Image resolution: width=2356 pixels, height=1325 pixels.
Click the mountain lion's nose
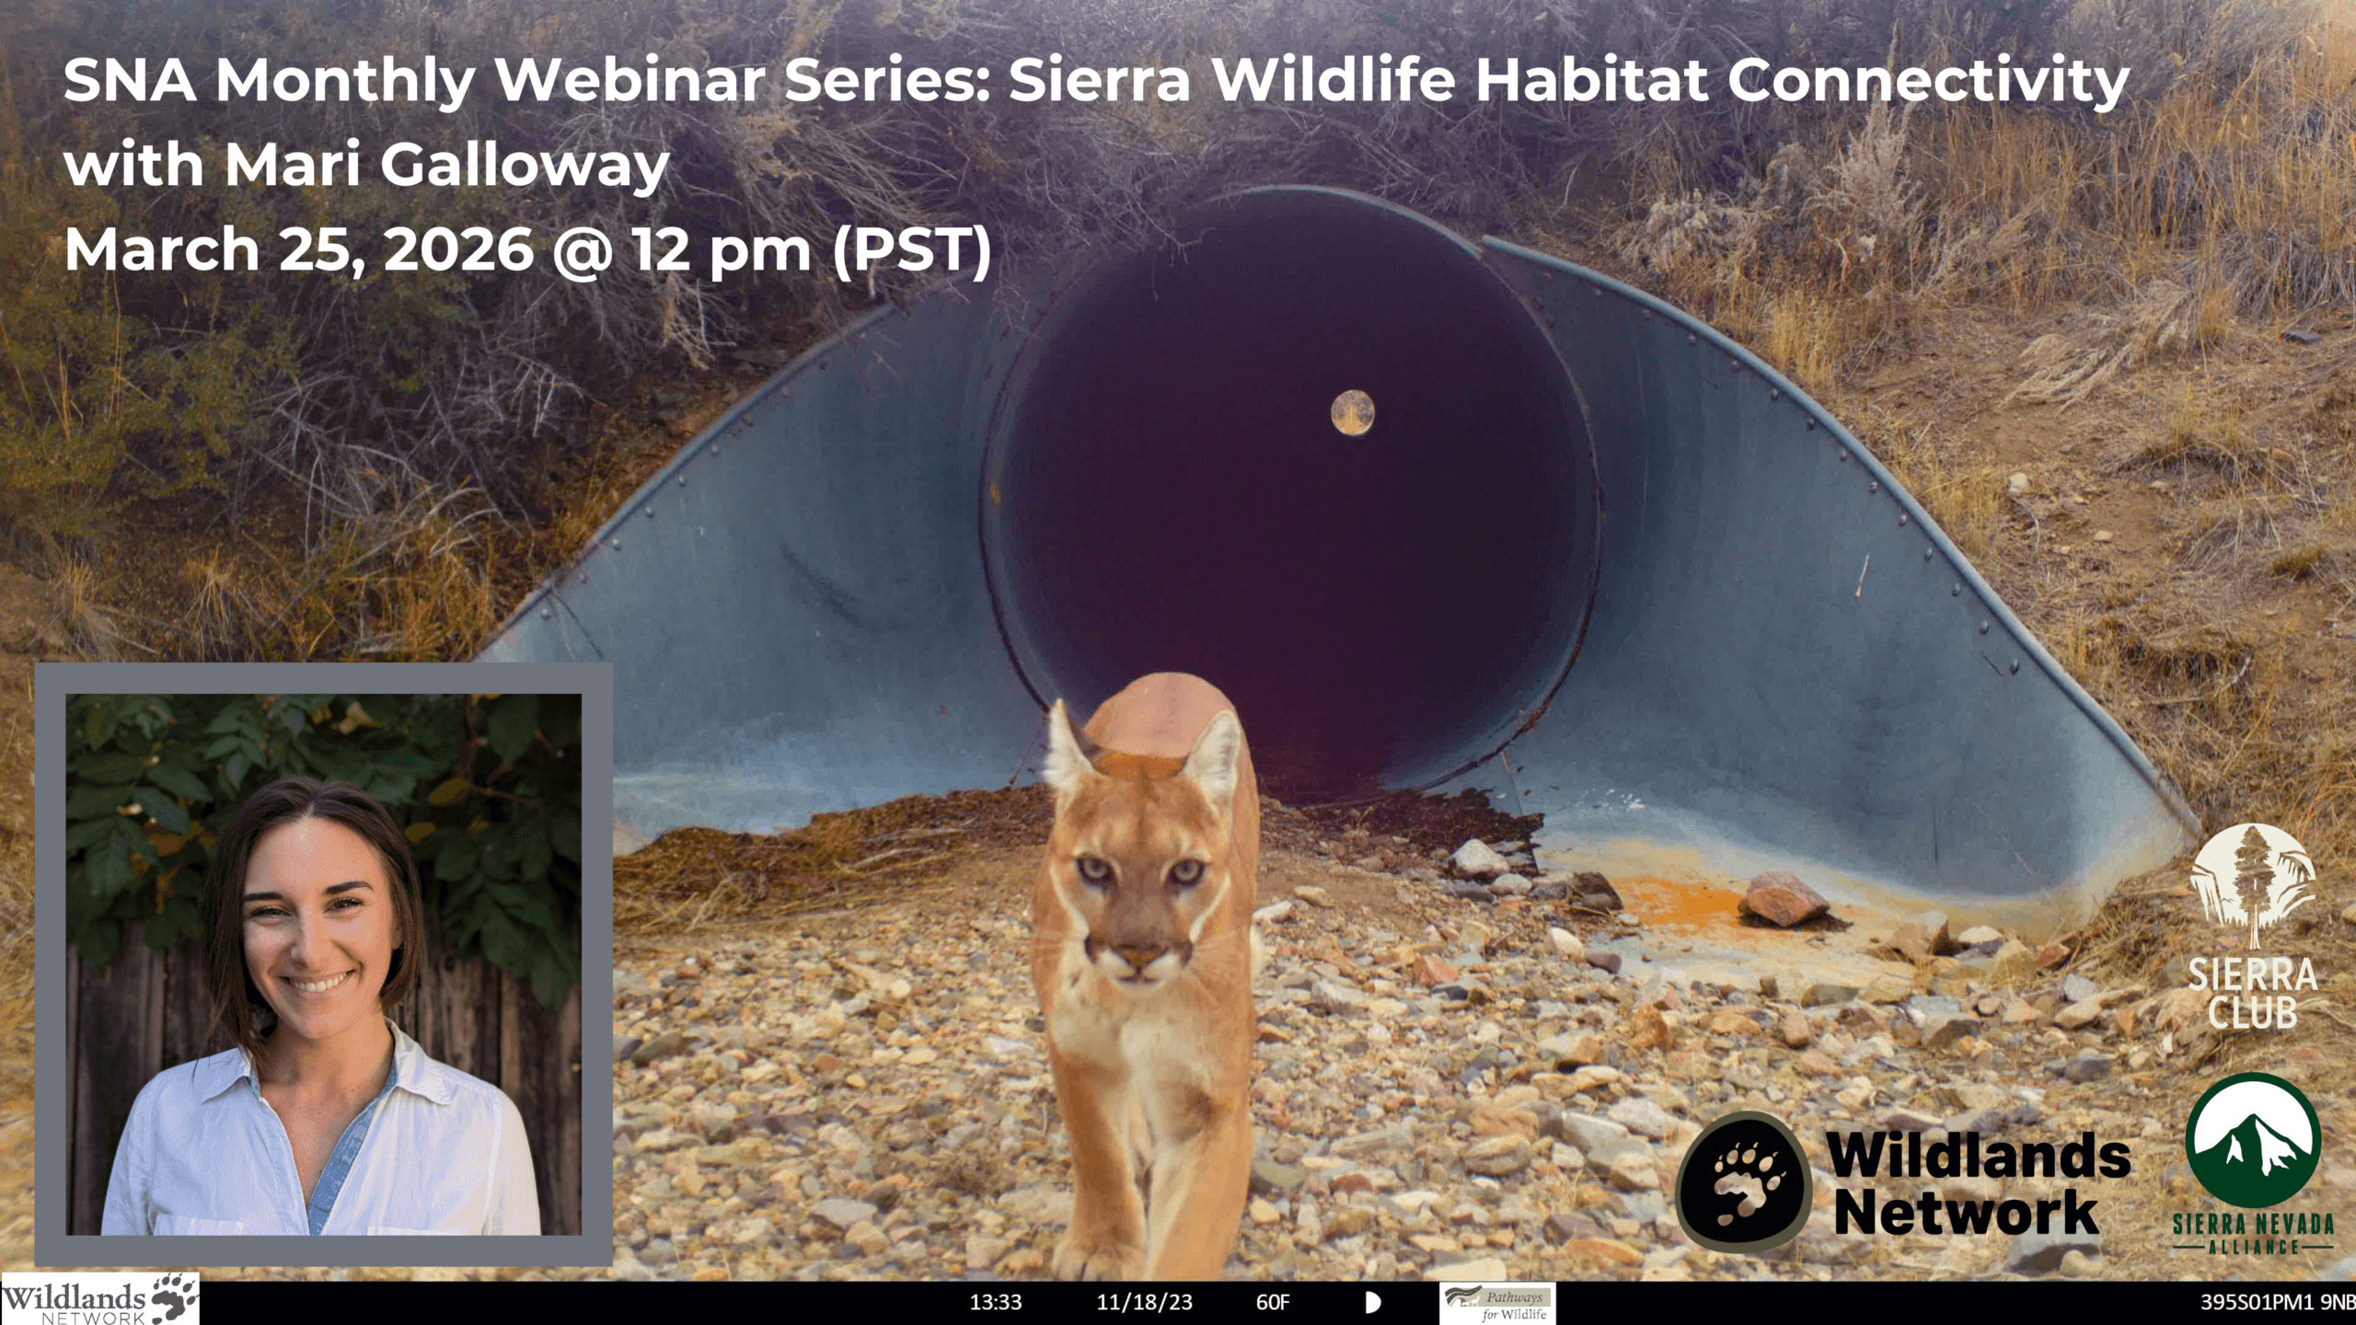[1139, 954]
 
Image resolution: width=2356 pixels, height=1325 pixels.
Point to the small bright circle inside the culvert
[1352, 411]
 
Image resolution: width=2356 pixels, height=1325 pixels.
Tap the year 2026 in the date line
[457, 249]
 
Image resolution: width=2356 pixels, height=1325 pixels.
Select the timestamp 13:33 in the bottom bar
[996, 1303]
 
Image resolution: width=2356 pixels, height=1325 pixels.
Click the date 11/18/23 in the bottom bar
[1144, 1303]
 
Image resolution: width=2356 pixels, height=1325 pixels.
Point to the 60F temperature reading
[1273, 1303]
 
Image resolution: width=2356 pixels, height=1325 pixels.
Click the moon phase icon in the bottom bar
[1373, 1303]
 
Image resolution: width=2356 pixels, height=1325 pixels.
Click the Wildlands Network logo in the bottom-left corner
[99, 1299]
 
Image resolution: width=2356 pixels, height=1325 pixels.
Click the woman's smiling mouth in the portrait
[316, 984]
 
